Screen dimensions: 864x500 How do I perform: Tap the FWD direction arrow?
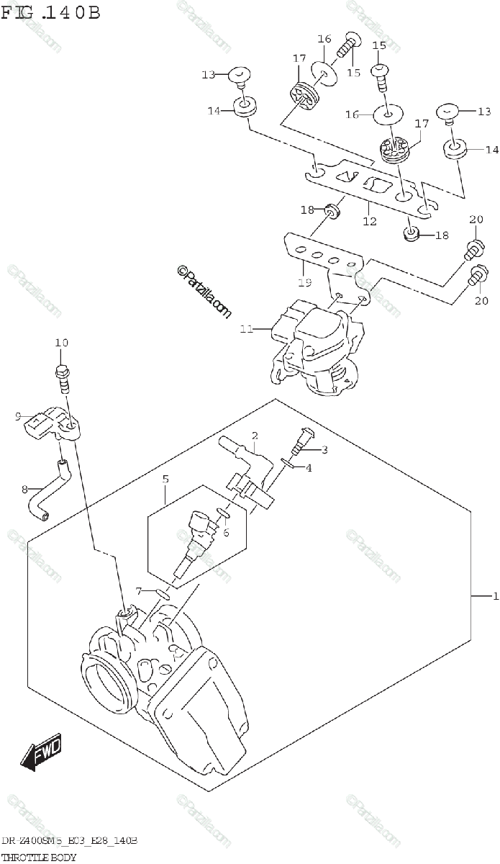point(42,752)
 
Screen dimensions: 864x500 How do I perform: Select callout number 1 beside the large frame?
point(495,596)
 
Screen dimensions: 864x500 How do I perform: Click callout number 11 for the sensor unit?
point(247,330)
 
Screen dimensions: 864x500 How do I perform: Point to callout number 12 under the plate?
point(370,222)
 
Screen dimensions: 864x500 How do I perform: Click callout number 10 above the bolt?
point(61,343)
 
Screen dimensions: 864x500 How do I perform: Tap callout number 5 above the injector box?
point(165,478)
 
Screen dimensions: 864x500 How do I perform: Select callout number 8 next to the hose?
point(25,490)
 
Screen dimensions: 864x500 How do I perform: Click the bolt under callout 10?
point(62,377)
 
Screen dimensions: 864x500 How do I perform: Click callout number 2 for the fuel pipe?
point(254,435)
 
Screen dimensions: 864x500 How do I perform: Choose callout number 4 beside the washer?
point(309,468)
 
